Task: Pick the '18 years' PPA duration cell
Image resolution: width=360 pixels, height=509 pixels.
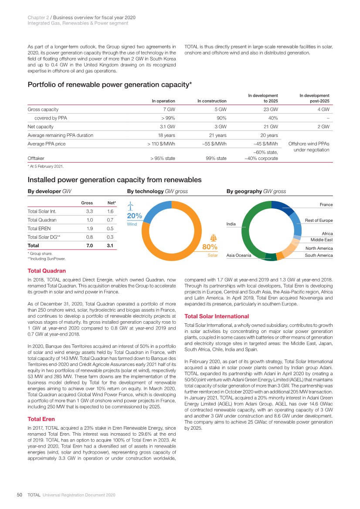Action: click(166, 135)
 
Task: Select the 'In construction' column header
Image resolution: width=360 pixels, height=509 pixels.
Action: click(212, 101)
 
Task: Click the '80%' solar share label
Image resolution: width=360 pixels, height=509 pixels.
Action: click(211, 247)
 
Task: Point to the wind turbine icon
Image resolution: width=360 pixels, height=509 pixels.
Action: click(130, 206)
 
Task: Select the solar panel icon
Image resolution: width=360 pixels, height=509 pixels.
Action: click(214, 238)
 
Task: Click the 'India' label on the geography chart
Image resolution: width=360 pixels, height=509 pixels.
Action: click(231, 224)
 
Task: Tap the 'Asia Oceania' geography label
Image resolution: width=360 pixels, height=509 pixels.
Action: click(239, 255)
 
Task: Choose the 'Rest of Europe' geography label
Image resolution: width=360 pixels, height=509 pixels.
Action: click(319, 220)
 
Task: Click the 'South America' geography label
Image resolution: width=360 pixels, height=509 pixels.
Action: click(319, 255)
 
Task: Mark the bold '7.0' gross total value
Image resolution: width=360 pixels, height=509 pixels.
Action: click(89, 246)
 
